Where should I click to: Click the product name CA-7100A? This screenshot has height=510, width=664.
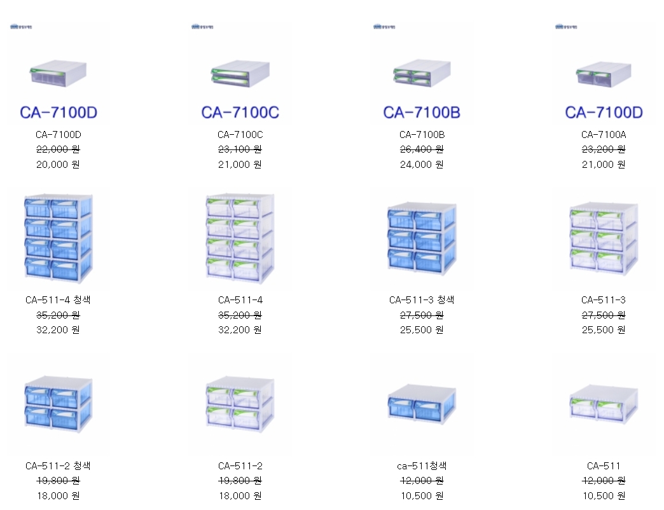tap(604, 135)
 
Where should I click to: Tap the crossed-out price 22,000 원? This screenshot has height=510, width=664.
tap(59, 149)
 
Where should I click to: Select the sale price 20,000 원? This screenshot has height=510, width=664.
tap(59, 164)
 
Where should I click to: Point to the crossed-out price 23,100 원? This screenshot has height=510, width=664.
tap(240, 149)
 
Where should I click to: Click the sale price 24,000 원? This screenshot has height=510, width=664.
tap(422, 164)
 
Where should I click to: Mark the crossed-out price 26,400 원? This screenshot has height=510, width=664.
tap(422, 149)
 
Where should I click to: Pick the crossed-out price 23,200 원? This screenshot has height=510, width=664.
tap(604, 149)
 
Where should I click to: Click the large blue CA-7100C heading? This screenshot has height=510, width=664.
tap(240, 113)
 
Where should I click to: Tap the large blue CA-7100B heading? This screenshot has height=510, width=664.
tap(422, 113)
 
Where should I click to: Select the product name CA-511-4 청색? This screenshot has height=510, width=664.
tap(59, 300)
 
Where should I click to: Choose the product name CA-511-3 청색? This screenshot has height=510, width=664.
tap(422, 300)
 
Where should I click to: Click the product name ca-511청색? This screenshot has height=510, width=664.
tap(422, 466)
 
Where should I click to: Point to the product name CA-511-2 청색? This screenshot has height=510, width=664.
tap(59, 466)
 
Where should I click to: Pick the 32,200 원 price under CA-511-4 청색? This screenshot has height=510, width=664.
tap(59, 329)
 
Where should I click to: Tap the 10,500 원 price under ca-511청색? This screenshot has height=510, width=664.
tap(422, 495)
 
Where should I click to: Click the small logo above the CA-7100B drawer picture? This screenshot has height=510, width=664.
tap(384, 27)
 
